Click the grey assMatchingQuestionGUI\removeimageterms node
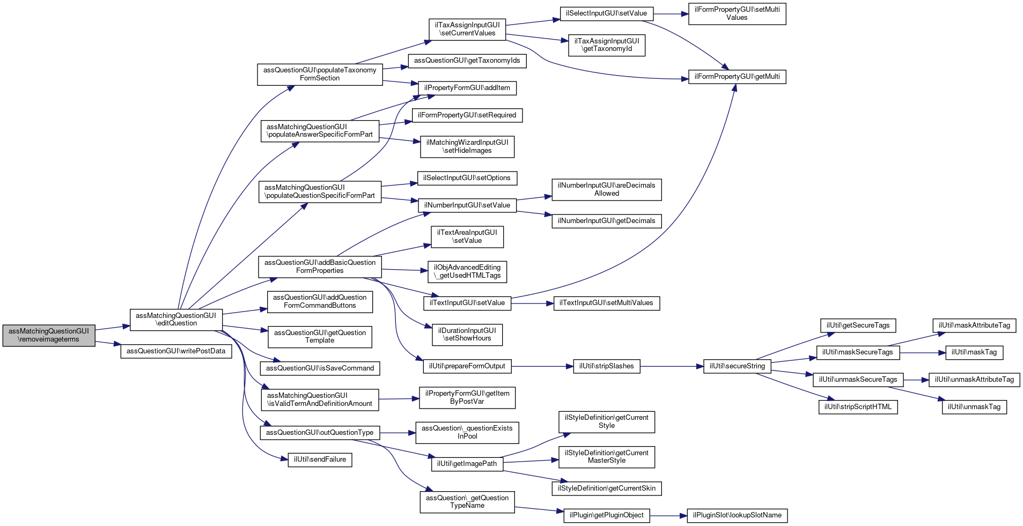[x=49, y=335]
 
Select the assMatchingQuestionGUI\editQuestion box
[x=176, y=319]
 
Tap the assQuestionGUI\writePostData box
[x=176, y=351]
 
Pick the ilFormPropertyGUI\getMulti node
[x=737, y=77]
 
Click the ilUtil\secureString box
[x=737, y=366]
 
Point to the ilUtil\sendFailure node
[x=320, y=460]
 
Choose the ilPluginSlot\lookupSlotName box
[x=737, y=515]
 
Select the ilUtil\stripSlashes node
[x=606, y=366]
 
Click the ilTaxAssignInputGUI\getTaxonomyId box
[x=607, y=45]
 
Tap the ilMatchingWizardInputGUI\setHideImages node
[x=467, y=146]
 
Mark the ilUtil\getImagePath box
[x=467, y=464]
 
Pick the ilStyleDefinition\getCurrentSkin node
[x=607, y=488]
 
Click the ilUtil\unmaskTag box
[x=974, y=407]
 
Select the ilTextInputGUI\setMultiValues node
[x=606, y=303]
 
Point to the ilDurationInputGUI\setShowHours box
[x=467, y=335]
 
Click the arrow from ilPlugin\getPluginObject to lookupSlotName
[x=668, y=516]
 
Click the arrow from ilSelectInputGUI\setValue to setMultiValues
[x=671, y=14]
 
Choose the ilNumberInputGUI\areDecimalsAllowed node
[x=607, y=190]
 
